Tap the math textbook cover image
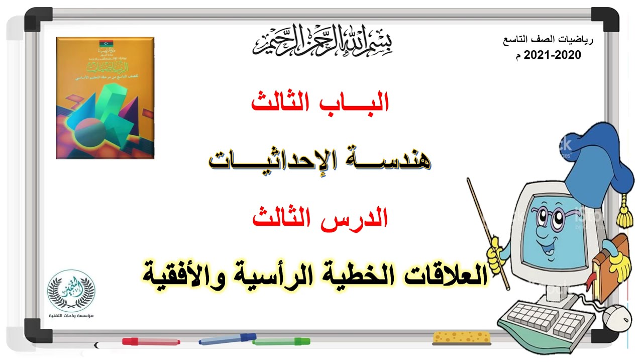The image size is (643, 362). click(105, 98)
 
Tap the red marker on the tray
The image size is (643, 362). click(151, 341)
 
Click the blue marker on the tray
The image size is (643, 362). click(227, 339)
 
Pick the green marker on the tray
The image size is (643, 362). click(281, 342)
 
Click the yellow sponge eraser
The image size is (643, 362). click(462, 337)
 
